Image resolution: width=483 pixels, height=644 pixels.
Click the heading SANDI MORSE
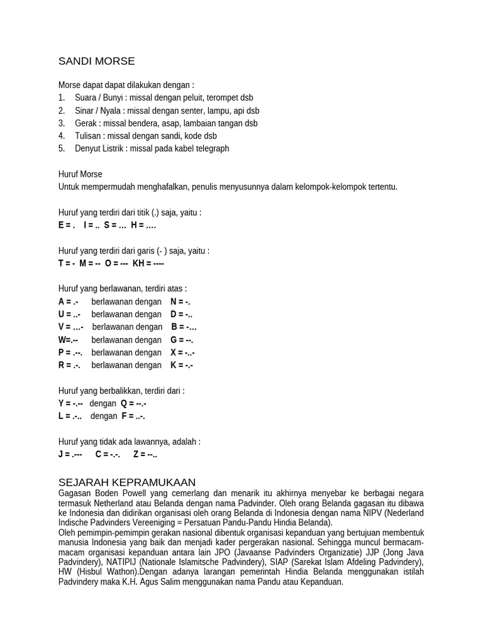click(x=96, y=61)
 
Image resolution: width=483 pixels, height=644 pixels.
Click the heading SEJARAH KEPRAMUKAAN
click(x=127, y=482)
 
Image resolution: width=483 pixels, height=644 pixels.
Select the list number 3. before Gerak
click(x=62, y=123)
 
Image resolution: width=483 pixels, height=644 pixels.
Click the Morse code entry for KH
click(x=148, y=264)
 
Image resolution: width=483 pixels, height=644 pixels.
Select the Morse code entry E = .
click(x=67, y=225)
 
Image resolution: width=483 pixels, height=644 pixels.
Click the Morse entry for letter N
click(x=180, y=302)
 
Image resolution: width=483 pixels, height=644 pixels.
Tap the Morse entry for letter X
click(x=182, y=352)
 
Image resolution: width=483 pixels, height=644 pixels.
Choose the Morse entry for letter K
click(x=182, y=365)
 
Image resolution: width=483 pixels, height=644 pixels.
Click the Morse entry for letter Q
click(x=133, y=403)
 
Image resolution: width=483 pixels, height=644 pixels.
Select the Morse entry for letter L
click(x=70, y=416)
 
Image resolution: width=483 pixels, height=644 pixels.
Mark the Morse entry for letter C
click(x=108, y=454)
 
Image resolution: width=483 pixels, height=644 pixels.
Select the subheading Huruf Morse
click(x=80, y=174)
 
